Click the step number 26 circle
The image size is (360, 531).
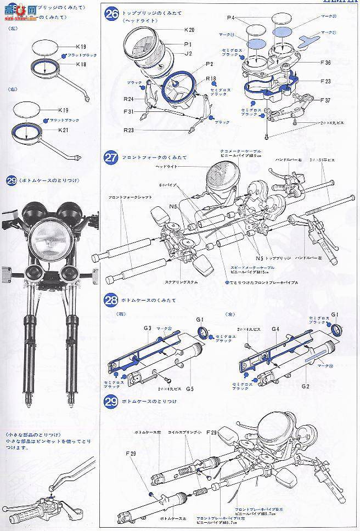tap(111, 13)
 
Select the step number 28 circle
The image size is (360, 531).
tap(111, 300)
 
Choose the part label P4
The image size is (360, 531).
tap(232, 18)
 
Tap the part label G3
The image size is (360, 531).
tap(147, 328)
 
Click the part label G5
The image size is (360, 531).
tap(189, 388)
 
